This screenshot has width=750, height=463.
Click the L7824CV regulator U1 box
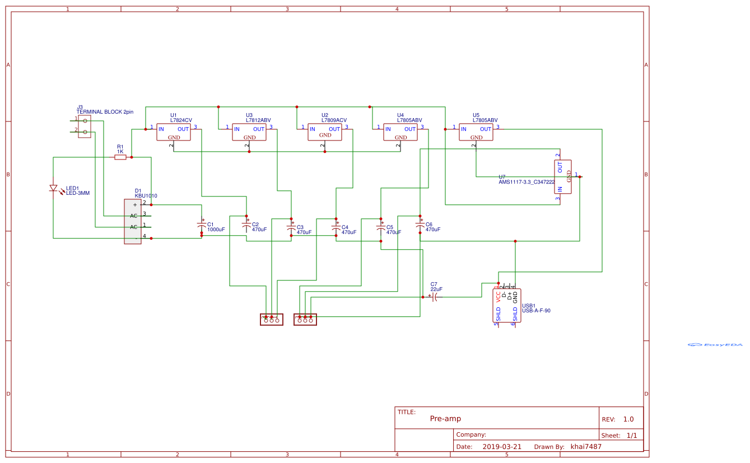[x=174, y=132]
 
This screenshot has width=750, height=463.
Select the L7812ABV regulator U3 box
[x=249, y=132]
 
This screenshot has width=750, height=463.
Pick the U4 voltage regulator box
[x=400, y=132]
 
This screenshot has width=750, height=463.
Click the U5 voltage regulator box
[x=476, y=132]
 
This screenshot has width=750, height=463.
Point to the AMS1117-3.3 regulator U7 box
[x=563, y=177]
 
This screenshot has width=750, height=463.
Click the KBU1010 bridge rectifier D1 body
[x=133, y=222]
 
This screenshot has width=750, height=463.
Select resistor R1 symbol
[x=120, y=157]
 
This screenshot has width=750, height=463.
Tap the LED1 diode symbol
[x=54, y=189]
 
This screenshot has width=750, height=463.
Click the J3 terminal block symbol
[x=85, y=127]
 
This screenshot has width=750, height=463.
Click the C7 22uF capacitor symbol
[x=435, y=297]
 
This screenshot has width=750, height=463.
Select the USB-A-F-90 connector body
[x=506, y=306]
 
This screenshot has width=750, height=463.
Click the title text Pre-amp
[x=445, y=419]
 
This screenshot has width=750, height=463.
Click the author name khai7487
[x=586, y=447]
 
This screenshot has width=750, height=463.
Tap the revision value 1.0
[x=628, y=419]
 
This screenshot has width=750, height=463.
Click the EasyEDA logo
[x=715, y=345]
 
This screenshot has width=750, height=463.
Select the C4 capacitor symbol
[x=336, y=227]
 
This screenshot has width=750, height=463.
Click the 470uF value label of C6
[x=433, y=230]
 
